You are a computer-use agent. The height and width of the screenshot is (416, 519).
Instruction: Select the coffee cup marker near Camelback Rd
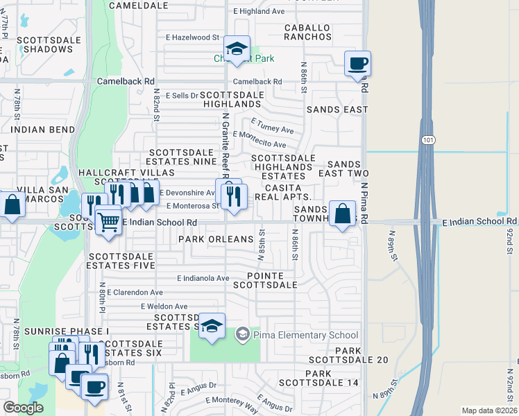click(357, 64)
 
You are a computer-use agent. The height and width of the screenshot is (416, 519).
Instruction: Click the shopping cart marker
click(108, 223)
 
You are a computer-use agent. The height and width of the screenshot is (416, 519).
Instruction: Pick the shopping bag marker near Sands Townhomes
click(343, 214)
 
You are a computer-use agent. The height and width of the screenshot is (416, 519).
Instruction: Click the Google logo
click(23, 408)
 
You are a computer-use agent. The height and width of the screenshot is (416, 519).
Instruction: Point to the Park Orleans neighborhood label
click(216, 239)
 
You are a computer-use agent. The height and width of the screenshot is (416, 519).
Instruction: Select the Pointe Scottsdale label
click(267, 280)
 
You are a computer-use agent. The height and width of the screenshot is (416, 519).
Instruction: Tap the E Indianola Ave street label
click(203, 278)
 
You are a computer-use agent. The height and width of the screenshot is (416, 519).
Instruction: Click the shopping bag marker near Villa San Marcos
click(12, 206)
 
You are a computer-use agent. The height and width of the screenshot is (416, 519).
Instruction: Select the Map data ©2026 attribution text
click(489, 410)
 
